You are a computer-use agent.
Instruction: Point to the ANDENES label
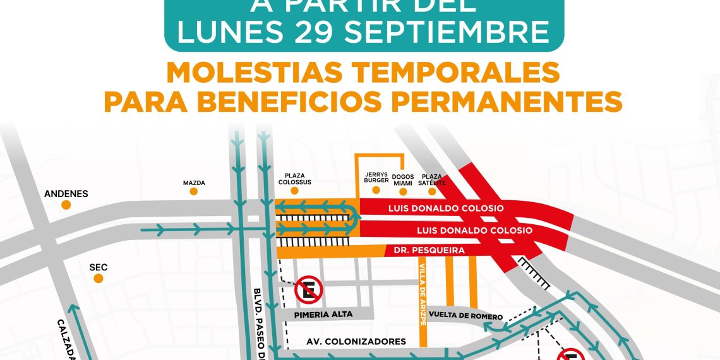click(x=66, y=194)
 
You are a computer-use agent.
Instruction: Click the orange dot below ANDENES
click(x=66, y=205)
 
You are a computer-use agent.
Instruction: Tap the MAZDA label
click(x=194, y=183)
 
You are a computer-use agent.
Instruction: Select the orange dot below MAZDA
click(x=194, y=191)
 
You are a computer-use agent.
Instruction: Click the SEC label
click(x=99, y=267)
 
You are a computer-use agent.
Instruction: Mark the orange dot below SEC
click(x=99, y=279)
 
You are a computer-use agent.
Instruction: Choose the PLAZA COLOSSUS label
click(x=295, y=179)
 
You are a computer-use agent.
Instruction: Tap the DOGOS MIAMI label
click(x=403, y=180)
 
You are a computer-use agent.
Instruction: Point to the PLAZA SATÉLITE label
click(x=432, y=180)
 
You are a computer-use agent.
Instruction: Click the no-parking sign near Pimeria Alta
click(x=309, y=290)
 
